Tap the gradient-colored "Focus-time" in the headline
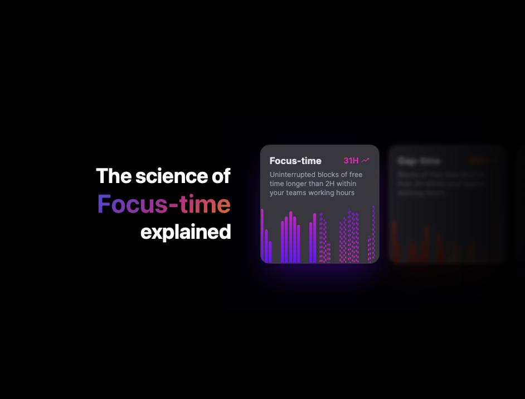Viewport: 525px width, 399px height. [x=164, y=204]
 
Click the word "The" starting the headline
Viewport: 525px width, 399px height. [x=114, y=176]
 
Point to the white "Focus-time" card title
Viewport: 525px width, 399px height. [x=295, y=161]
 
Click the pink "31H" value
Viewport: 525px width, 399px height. [x=351, y=161]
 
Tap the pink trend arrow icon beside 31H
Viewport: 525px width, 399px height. [x=366, y=161]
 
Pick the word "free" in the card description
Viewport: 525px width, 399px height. [x=356, y=175]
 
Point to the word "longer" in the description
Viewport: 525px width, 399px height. [x=302, y=184]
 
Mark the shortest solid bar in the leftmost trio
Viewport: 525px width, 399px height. [x=270, y=252]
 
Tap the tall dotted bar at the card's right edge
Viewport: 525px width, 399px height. [x=373, y=234]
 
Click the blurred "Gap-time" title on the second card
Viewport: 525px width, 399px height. [x=419, y=161]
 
